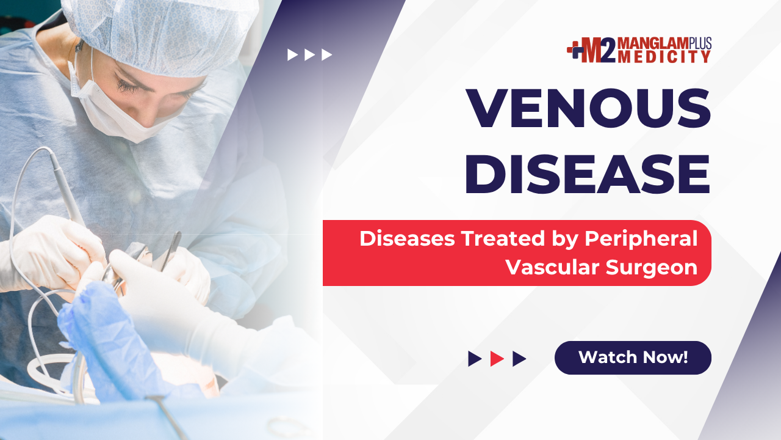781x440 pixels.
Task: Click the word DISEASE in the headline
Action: tap(588, 174)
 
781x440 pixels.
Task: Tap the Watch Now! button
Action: tap(633, 358)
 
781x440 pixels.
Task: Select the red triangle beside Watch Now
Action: tap(497, 359)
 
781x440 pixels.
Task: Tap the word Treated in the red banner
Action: tap(503, 238)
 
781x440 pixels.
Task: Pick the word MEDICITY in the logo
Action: tap(664, 57)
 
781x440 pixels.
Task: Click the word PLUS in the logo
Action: tap(700, 43)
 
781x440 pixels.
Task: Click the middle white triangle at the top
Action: tap(309, 54)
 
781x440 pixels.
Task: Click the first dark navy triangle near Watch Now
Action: tap(475, 359)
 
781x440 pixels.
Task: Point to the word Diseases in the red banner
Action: tap(407, 238)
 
